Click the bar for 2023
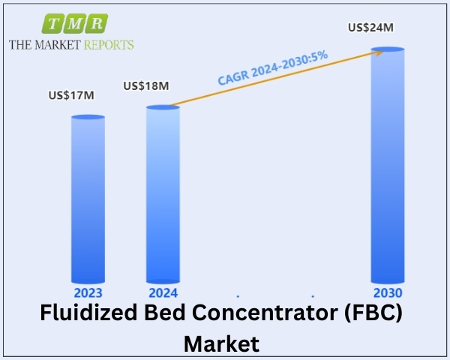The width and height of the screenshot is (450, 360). [x=88, y=199]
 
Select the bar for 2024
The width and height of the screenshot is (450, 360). [x=163, y=195]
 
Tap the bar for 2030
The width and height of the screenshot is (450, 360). [x=388, y=165]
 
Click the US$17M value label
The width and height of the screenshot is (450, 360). [x=71, y=95]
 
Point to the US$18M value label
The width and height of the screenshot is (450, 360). [x=146, y=85]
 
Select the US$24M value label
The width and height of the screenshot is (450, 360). [x=370, y=28]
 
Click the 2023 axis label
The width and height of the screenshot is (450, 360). [x=88, y=292]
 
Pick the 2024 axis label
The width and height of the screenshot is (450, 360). [x=163, y=292]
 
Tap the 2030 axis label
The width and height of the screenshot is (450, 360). [x=388, y=292]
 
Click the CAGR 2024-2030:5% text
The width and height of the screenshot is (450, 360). [x=273, y=67]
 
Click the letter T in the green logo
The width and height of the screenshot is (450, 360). [x=54, y=23]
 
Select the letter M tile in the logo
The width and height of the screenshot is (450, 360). [x=75, y=23]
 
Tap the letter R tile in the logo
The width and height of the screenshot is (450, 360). [x=97, y=23]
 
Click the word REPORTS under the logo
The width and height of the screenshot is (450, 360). [x=109, y=45]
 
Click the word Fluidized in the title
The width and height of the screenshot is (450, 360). [x=88, y=313]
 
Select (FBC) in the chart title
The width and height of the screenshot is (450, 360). [x=373, y=313]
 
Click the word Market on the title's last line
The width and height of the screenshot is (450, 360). [x=221, y=343]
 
